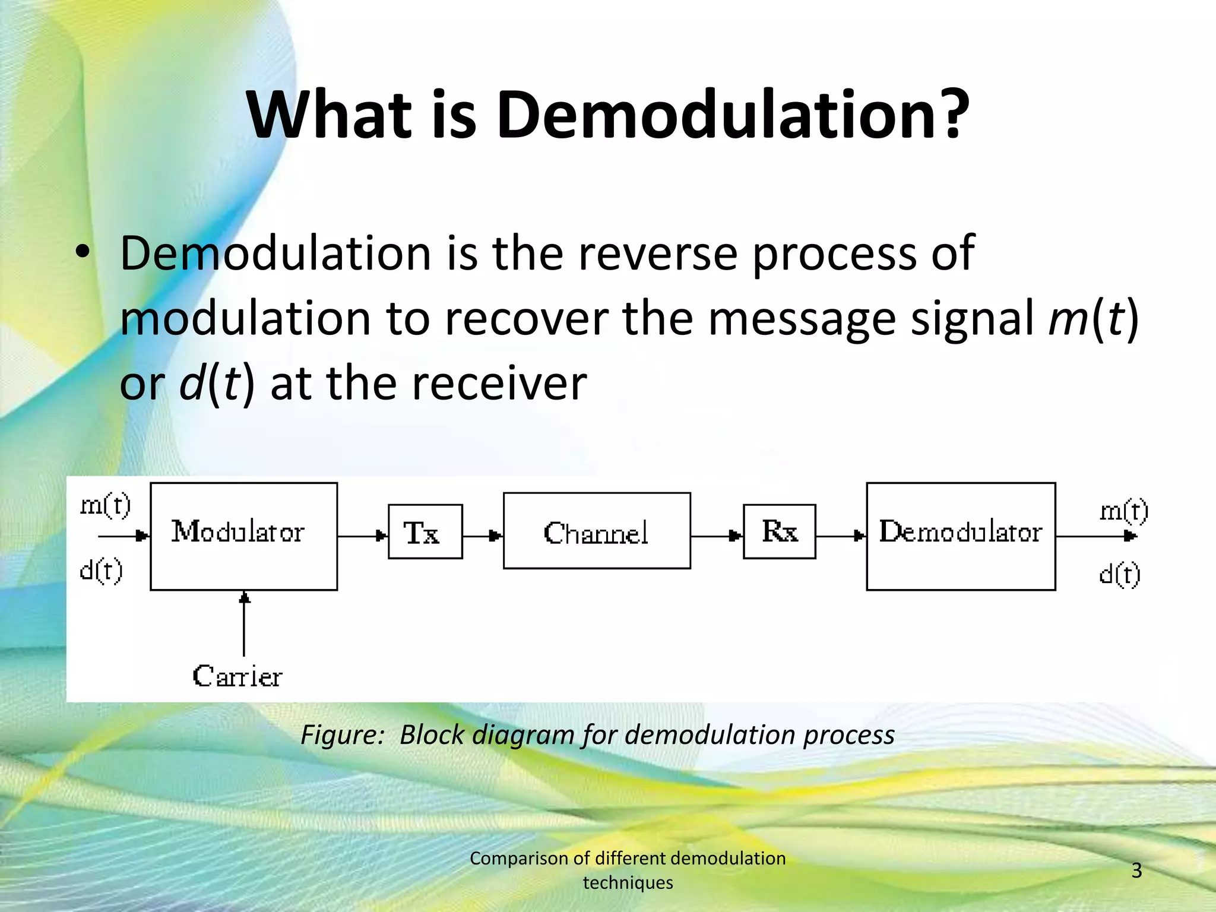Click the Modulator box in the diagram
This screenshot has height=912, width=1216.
(x=244, y=536)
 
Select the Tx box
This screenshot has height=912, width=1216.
(x=425, y=532)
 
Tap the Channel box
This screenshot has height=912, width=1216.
(x=597, y=531)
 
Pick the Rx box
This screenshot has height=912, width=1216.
(x=779, y=532)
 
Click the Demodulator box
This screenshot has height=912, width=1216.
(x=961, y=536)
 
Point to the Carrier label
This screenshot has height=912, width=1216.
(x=237, y=676)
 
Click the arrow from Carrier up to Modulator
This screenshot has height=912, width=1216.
(x=244, y=623)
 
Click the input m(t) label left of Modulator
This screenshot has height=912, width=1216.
(x=106, y=505)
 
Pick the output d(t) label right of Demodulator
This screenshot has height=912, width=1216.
(x=1120, y=574)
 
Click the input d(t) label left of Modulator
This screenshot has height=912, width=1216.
(x=102, y=571)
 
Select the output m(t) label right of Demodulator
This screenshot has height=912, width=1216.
(x=1123, y=511)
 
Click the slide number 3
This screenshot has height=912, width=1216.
(x=1136, y=870)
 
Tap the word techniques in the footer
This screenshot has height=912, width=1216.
(x=628, y=883)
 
